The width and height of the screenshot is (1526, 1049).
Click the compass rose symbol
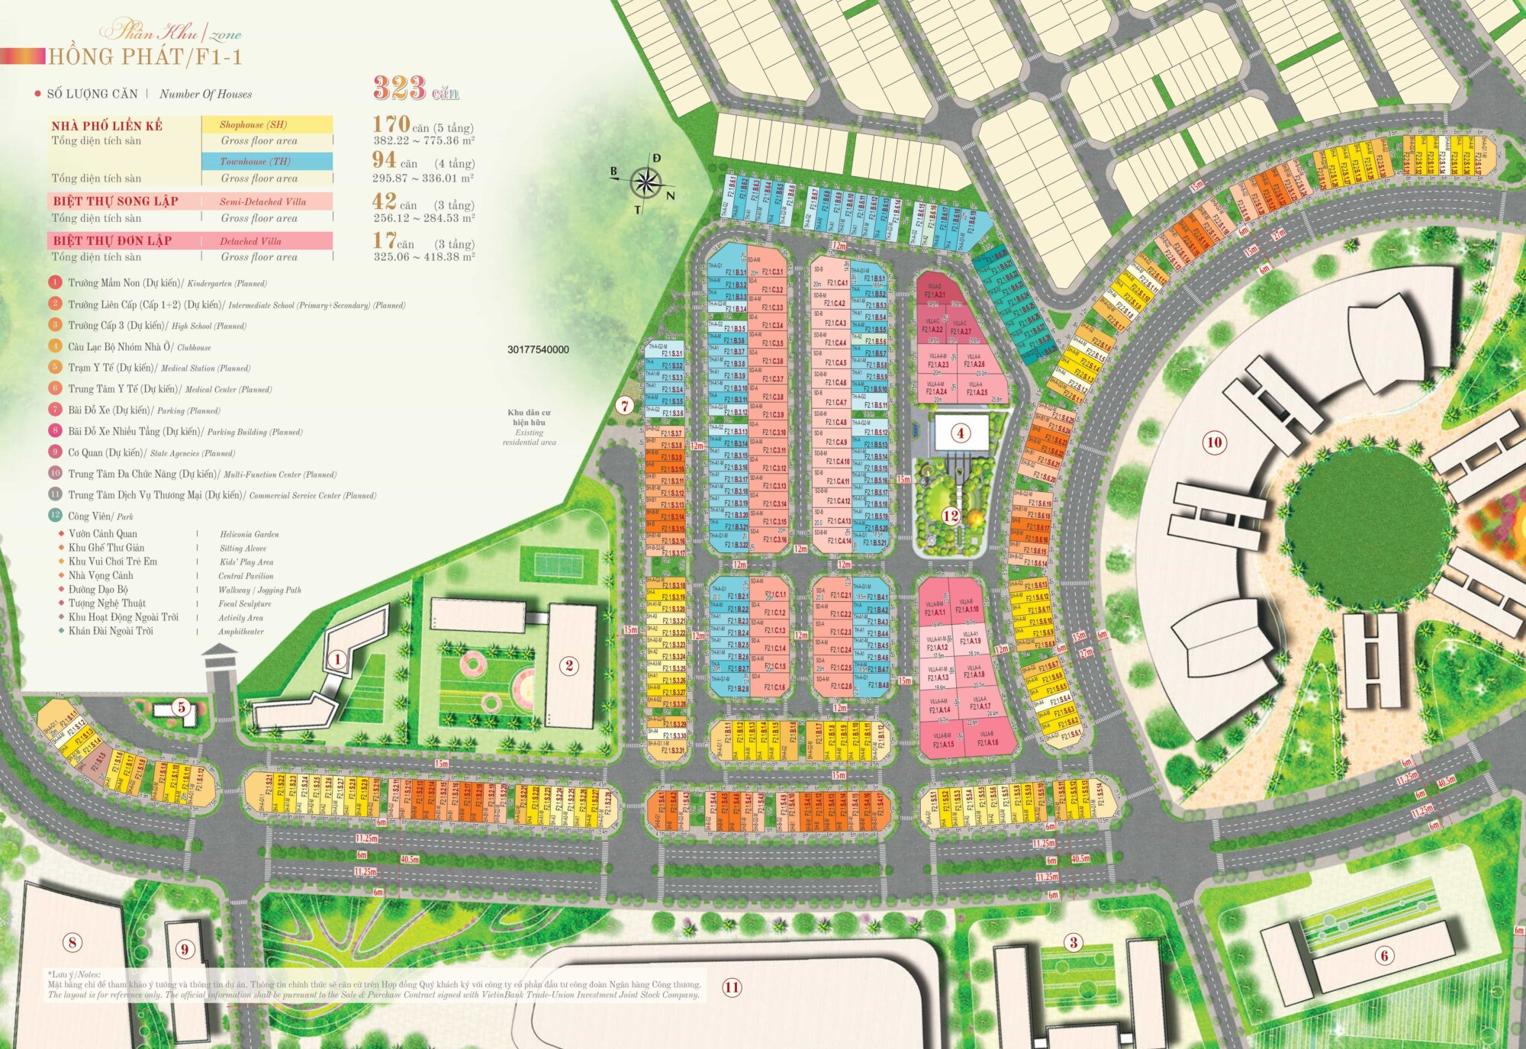646,182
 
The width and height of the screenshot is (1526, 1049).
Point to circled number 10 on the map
1214,442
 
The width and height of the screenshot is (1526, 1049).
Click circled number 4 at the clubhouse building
960,433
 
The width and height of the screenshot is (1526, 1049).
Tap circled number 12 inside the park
950,516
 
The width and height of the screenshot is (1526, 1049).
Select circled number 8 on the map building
72,942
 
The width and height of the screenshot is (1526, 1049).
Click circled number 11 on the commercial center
732,987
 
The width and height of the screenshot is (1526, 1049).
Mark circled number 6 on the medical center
1384,954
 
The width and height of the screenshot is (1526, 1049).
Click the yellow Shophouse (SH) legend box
266,124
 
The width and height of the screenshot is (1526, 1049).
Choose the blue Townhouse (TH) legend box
266,161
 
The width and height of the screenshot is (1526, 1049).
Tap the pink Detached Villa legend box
266,241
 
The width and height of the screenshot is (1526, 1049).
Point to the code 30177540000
538,349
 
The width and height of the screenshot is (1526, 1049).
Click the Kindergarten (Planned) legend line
167,283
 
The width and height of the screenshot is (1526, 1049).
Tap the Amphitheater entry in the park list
240,632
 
